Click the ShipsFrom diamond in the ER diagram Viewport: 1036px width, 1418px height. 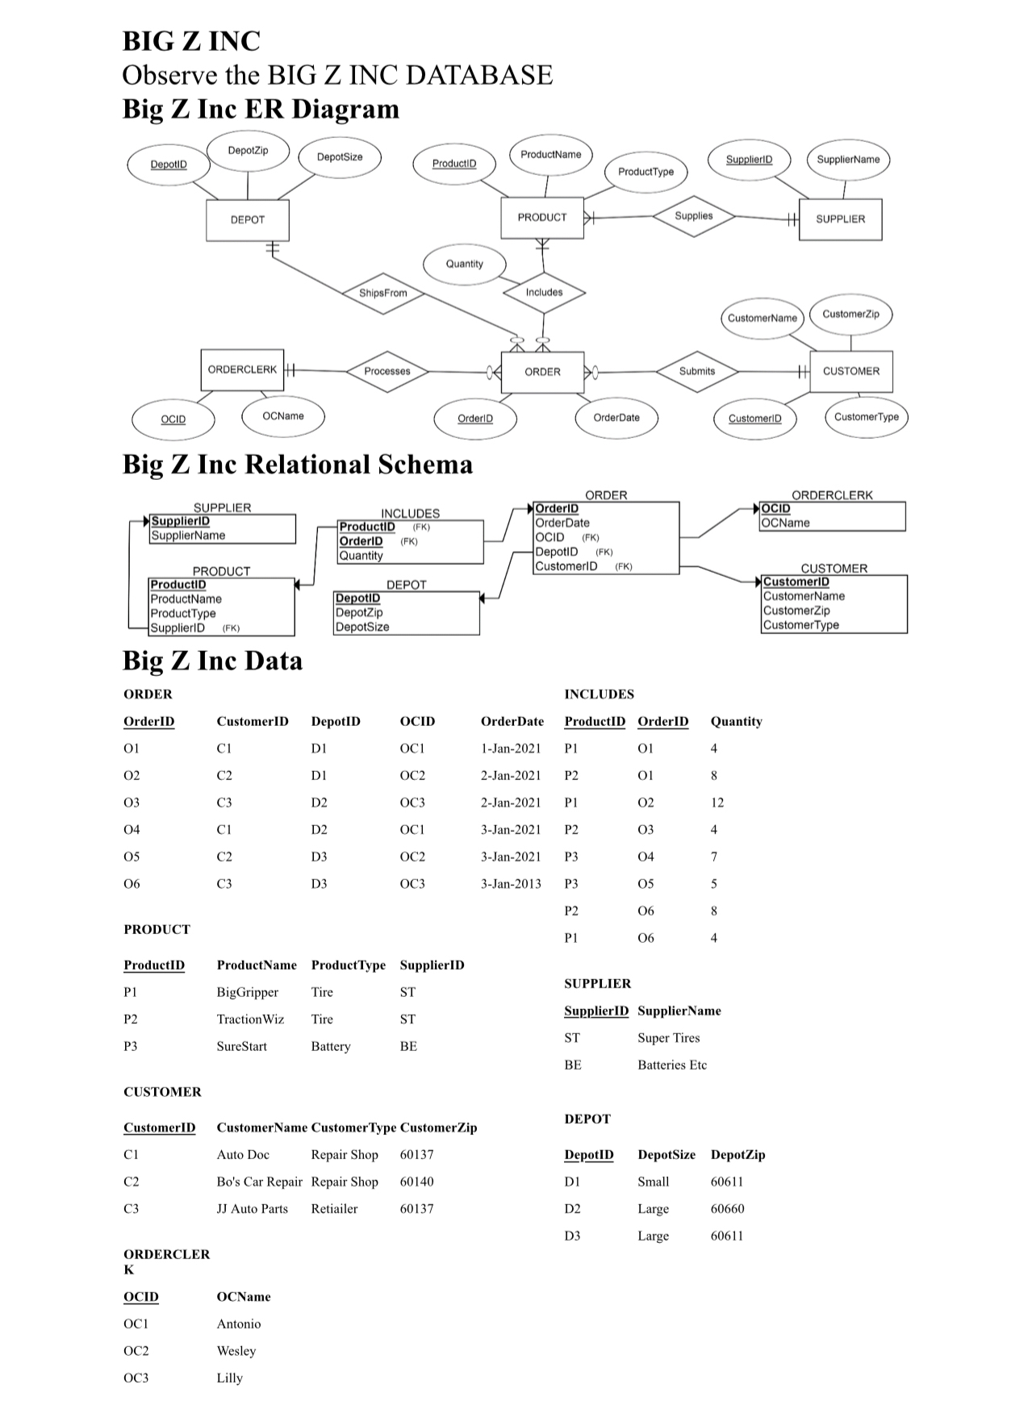pyautogui.click(x=383, y=293)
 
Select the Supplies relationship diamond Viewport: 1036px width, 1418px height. pyautogui.click(x=694, y=216)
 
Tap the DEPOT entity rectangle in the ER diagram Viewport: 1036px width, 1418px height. pyautogui.click(x=248, y=219)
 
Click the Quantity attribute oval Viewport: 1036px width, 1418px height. pyautogui.click(x=465, y=264)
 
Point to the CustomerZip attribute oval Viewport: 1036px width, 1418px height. pyautogui.click(x=850, y=314)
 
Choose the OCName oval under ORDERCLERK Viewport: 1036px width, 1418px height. pyautogui.click(x=283, y=416)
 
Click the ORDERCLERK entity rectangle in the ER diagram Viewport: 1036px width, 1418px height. pyautogui.click(x=242, y=369)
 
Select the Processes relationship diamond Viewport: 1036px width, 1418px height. pyautogui.click(x=387, y=371)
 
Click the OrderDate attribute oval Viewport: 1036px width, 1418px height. pyautogui.click(x=616, y=418)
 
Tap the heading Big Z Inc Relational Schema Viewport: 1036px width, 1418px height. pyautogui.click(x=298, y=465)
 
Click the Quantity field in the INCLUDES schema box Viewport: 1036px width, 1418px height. pyautogui.click(x=361, y=556)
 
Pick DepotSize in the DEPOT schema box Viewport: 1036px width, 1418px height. pyautogui.click(x=362, y=627)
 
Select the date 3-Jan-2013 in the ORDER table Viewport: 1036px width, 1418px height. pyautogui.click(x=511, y=884)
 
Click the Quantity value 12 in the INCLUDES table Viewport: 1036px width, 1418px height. pyautogui.click(x=717, y=803)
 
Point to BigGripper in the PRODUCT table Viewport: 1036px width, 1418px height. pyautogui.click(x=247, y=992)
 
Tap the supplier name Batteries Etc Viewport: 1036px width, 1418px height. pyautogui.click(x=672, y=1065)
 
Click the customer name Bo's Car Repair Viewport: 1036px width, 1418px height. pyautogui.click(x=259, y=1182)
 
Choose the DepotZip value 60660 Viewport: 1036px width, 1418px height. pyautogui.click(x=728, y=1208)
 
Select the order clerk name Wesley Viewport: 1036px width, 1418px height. pyautogui.click(x=236, y=1351)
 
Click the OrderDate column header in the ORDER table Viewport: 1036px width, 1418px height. pyautogui.click(x=512, y=721)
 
